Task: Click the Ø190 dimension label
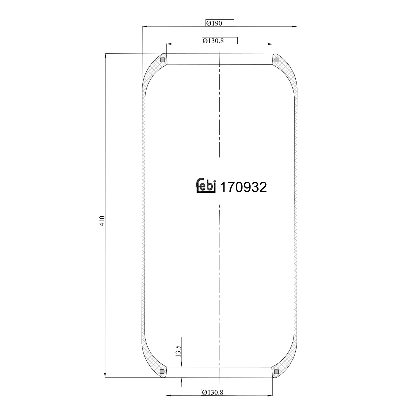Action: click(214, 23)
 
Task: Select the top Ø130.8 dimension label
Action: click(213, 41)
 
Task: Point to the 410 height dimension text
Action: click(102, 221)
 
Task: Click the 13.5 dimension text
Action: click(178, 351)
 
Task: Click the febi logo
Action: click(205, 186)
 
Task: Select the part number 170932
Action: click(244, 188)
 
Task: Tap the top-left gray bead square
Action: click(162, 60)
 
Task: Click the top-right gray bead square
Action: click(277, 60)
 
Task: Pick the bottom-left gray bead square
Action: click(162, 372)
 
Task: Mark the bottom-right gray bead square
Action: click(276, 372)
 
